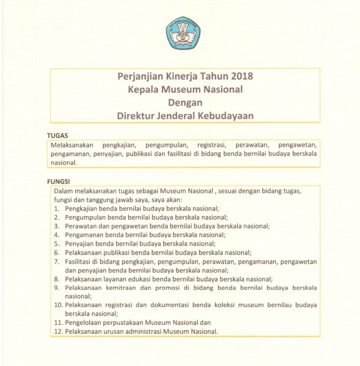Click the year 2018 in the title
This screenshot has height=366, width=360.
click(x=241, y=77)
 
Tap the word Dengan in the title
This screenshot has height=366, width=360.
click(x=185, y=102)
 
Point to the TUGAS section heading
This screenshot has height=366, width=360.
click(x=57, y=135)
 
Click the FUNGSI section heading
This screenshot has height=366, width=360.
click(x=59, y=181)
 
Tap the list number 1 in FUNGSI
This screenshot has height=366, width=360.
click(x=57, y=208)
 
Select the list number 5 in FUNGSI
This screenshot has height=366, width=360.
click(x=57, y=243)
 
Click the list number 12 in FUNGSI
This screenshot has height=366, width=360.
click(x=58, y=331)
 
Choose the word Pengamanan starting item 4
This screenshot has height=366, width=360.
click(x=84, y=235)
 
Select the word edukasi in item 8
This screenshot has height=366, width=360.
click(x=139, y=279)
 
